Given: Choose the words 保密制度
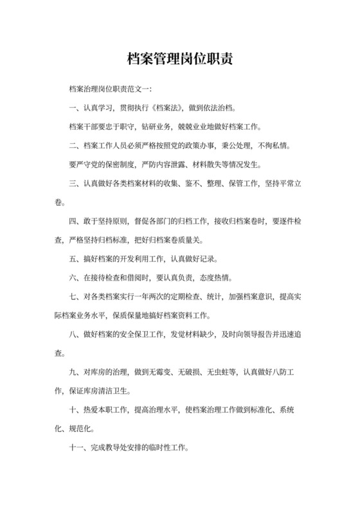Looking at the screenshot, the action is [x=120, y=165].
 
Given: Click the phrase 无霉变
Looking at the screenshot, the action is [x=170, y=373].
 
